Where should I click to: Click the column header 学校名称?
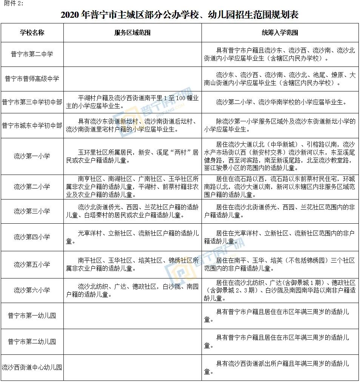coord(32,32)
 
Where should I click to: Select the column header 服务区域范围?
coord(132,32)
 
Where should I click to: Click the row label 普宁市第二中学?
coord(32,54)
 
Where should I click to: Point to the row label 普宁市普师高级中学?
coord(32,79)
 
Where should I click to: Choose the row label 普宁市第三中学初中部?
coord(32,102)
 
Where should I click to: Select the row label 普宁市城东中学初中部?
coord(32,125)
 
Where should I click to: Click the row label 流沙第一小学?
coord(32,156)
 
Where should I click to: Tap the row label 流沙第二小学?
coord(32,187)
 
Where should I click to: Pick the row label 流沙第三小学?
coord(32,211)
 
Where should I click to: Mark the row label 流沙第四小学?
coord(32,237)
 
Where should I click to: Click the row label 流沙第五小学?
coord(32,264)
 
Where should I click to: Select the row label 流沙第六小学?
coord(32,290)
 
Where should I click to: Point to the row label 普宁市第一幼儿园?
coord(32,315)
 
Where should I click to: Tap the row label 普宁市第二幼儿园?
coord(32,342)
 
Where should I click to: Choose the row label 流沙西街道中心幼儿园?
coord(32,367)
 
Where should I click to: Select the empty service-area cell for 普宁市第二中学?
coord(132,54)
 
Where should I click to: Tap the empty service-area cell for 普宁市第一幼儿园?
coord(132,315)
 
